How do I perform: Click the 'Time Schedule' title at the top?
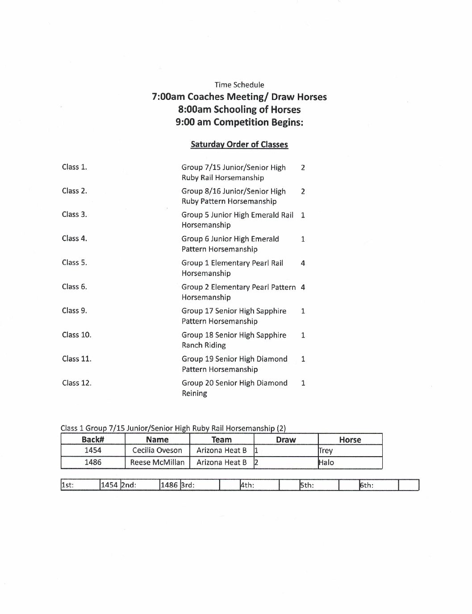tap(239, 85)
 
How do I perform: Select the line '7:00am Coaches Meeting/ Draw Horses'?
tap(239, 97)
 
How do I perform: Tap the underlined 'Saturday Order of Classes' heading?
tap(239, 144)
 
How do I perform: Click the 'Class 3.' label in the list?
tap(75, 214)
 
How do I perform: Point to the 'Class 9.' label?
tap(75, 311)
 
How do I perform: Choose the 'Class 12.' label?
tap(77, 383)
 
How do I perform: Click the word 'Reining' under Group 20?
tap(194, 393)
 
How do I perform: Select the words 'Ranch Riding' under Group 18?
tap(204, 345)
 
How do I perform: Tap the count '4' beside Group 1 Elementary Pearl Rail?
tap(303, 263)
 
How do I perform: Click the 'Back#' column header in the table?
tap(93, 440)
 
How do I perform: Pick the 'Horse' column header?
tap(350, 440)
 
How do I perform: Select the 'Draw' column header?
tap(286, 440)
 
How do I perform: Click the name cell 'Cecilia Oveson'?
tap(157, 451)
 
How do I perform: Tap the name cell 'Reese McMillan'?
tap(157, 463)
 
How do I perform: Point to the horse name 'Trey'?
tap(326, 451)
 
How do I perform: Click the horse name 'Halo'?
tap(326, 463)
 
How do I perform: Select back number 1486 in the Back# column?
tap(93, 463)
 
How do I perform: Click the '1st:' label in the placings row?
tap(67, 486)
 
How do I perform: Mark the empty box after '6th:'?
tap(408, 486)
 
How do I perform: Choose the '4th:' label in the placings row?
tap(247, 486)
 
